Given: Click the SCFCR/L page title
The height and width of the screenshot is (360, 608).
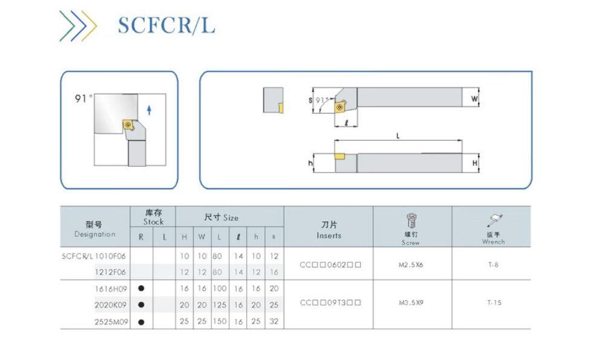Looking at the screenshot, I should point(166,25).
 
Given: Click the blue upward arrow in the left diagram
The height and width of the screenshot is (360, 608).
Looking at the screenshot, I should point(149,110).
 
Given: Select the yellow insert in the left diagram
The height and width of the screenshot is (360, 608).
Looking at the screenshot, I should point(129,124).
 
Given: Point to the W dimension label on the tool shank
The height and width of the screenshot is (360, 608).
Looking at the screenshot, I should point(474,98).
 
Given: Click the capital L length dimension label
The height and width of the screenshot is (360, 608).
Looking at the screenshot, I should point(398,137).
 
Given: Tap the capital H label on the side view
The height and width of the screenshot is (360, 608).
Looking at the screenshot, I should point(474,163).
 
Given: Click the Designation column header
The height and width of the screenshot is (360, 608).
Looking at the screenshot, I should point(95,229).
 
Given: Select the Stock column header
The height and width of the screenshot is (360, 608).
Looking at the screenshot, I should point(153,217).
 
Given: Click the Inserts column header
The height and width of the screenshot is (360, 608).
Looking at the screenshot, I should point(329,230).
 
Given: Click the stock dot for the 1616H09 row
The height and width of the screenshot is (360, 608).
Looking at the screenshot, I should point(141,289).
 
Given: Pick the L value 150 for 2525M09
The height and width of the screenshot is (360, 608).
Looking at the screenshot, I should point(219,321).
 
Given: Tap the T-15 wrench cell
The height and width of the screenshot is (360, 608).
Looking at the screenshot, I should point(494,303).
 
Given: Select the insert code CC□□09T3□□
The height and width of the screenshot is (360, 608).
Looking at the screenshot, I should point(330,303).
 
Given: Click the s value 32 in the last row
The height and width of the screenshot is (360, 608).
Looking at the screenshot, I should point(274,321).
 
